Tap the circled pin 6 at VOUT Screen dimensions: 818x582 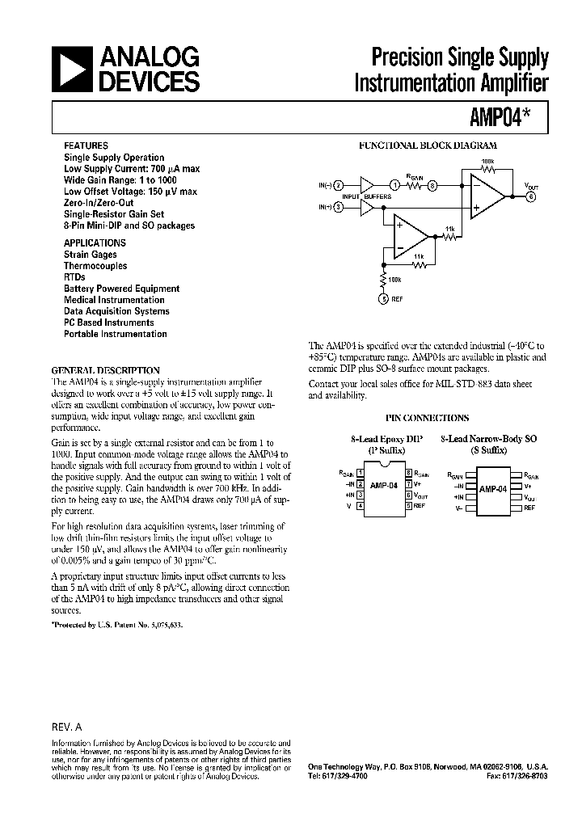click(x=531, y=196)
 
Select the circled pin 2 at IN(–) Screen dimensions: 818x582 click(x=339, y=185)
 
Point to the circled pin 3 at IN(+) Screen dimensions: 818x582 click(x=339, y=208)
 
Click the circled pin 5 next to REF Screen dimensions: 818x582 click(x=384, y=299)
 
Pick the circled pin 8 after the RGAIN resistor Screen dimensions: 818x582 click(x=432, y=185)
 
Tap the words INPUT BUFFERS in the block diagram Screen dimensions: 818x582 click(x=367, y=196)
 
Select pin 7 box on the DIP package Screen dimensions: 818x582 click(x=410, y=483)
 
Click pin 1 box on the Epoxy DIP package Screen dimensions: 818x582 click(x=360, y=473)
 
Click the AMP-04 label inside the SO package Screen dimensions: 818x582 click(x=492, y=490)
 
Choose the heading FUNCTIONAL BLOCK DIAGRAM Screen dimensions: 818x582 click(x=428, y=146)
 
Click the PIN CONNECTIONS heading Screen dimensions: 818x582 click(x=427, y=418)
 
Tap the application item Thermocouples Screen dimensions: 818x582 click(x=95, y=266)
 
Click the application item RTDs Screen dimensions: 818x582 click(x=74, y=277)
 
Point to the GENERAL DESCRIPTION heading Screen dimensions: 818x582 click(x=105, y=369)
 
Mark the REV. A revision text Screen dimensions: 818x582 click(x=67, y=726)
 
